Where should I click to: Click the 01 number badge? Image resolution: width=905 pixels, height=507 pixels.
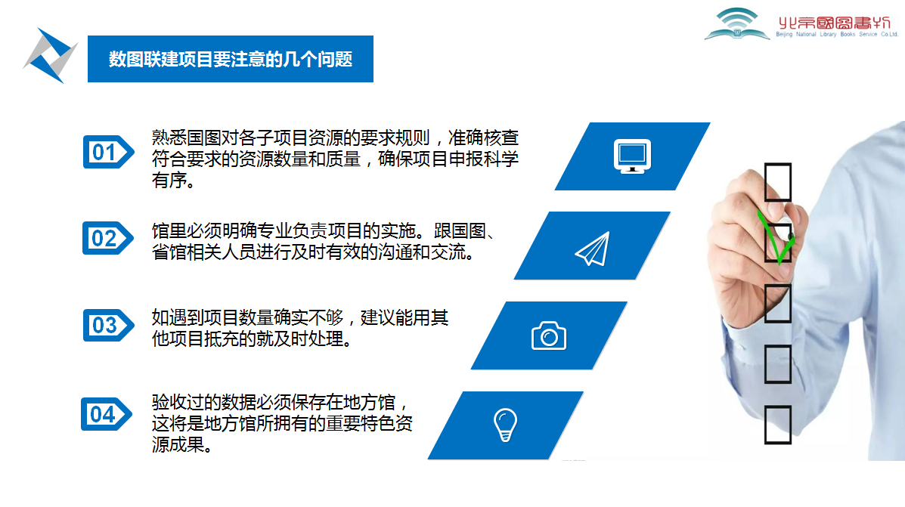(109, 153)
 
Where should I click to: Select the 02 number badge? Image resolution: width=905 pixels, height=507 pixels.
(108, 238)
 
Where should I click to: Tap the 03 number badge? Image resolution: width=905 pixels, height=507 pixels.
(109, 326)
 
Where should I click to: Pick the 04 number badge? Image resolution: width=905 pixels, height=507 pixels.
(107, 414)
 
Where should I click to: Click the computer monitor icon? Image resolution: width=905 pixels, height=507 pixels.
(633, 156)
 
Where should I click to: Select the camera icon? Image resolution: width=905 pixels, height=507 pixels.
(549, 335)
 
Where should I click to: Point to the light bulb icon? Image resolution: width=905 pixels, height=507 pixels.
(505, 425)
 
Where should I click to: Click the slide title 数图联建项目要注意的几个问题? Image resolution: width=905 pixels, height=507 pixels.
(231, 59)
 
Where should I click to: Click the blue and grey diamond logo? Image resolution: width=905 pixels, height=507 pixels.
(50, 55)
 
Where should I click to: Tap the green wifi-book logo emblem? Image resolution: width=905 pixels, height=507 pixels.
(737, 23)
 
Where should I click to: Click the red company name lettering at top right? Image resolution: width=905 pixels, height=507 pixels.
(835, 23)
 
